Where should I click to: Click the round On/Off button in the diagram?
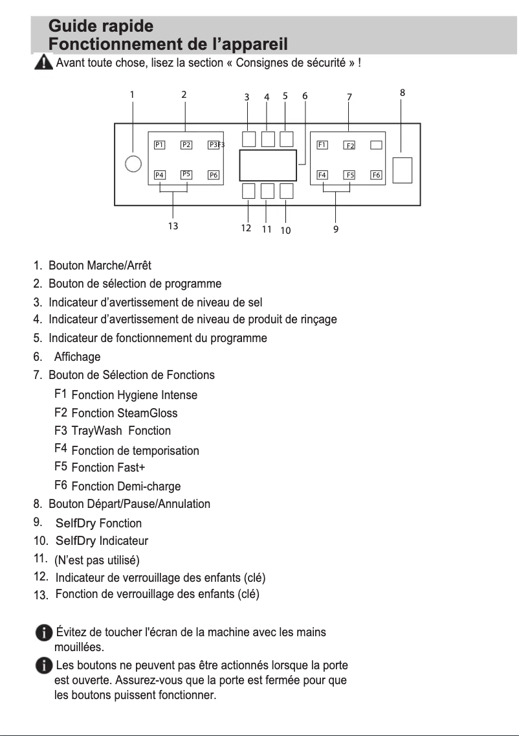(x=133, y=164)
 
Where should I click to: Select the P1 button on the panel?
(x=159, y=145)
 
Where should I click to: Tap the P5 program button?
(x=186, y=174)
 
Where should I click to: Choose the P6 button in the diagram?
(x=214, y=175)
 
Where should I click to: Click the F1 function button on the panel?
(x=322, y=144)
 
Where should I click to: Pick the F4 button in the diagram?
(x=322, y=175)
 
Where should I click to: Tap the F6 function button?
(x=377, y=175)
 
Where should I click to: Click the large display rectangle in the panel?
(x=267, y=165)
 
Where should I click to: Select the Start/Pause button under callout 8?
(x=403, y=170)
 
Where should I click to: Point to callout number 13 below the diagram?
(x=173, y=227)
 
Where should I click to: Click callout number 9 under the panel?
(x=336, y=229)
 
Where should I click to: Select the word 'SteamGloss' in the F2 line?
(x=147, y=413)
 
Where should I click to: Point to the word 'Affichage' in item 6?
(x=77, y=357)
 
